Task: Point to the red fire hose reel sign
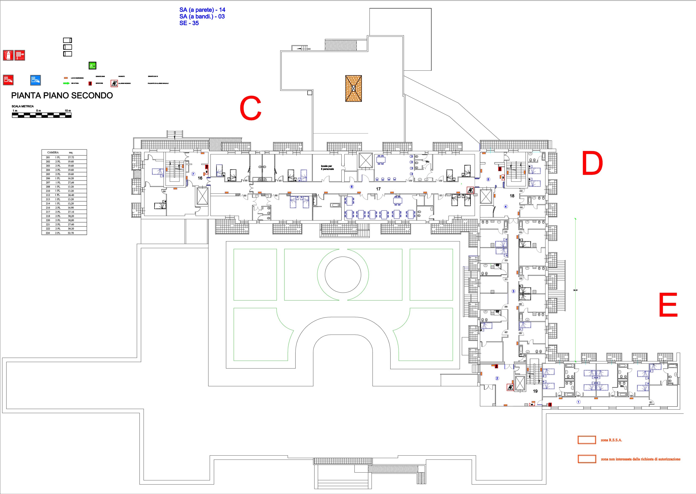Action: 20,55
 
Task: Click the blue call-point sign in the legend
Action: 35,80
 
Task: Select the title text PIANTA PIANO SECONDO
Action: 62,95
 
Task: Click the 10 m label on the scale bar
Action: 68,111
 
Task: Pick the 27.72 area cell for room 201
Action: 71,158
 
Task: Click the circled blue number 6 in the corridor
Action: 352,187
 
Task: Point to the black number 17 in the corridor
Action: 378,189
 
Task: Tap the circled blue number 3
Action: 513,291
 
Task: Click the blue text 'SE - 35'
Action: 189,23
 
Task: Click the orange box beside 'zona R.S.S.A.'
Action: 587,440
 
